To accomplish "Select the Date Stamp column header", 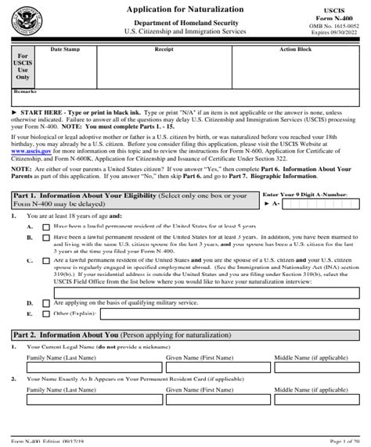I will pos(65,49).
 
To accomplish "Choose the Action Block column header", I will pos(295,49).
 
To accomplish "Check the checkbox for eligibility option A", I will pos(46,225).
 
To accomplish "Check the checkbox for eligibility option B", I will pos(46,236).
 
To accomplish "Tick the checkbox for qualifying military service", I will pos(46,301).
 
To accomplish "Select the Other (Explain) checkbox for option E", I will pos(46,313).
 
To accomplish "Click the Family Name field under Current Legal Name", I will pos(91,370).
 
